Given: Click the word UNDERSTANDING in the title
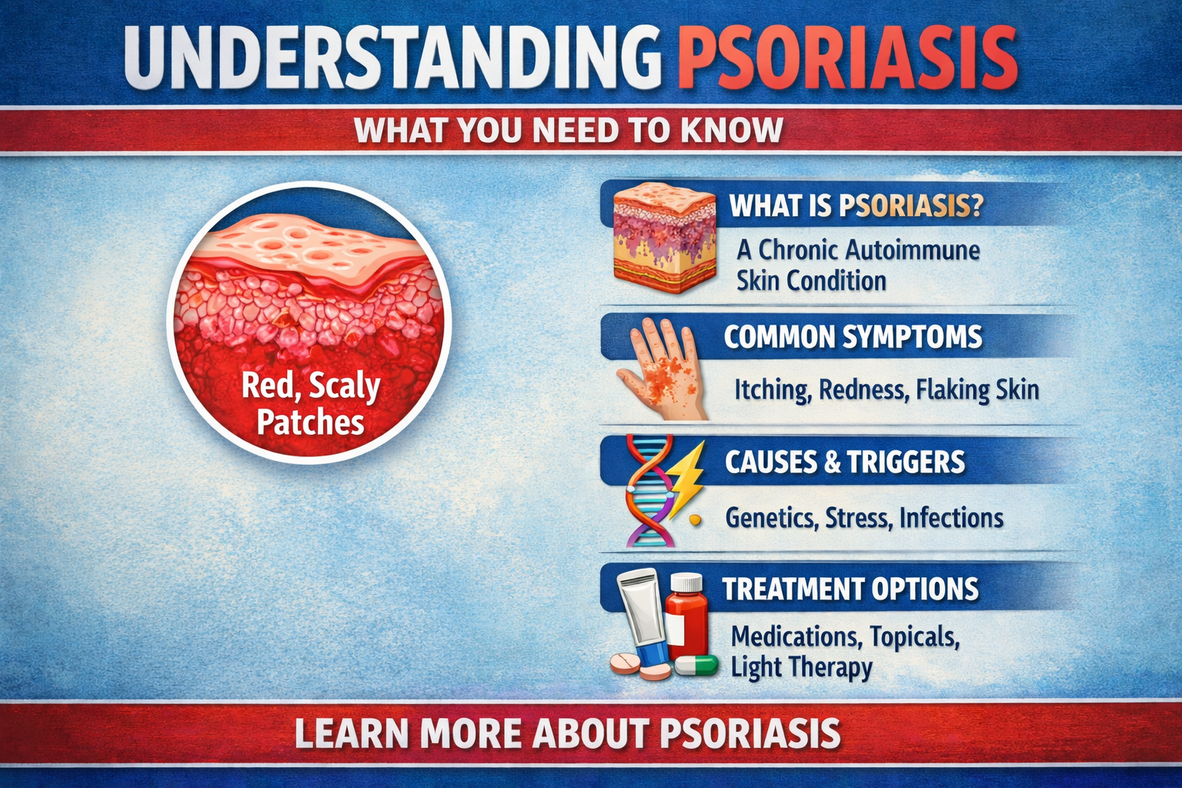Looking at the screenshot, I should click(x=392, y=58).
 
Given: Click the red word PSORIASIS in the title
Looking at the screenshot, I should click(x=846, y=58).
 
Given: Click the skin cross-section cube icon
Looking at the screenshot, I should click(x=663, y=237).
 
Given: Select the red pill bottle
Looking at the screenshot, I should click(x=686, y=616).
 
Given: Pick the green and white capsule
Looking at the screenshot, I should click(x=696, y=665).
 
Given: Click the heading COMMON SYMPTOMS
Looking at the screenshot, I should click(x=853, y=337).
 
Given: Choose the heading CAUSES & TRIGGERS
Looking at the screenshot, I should click(x=844, y=462).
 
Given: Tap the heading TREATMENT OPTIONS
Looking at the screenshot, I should click(x=850, y=589).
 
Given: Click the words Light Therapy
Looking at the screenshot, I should click(x=801, y=667).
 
